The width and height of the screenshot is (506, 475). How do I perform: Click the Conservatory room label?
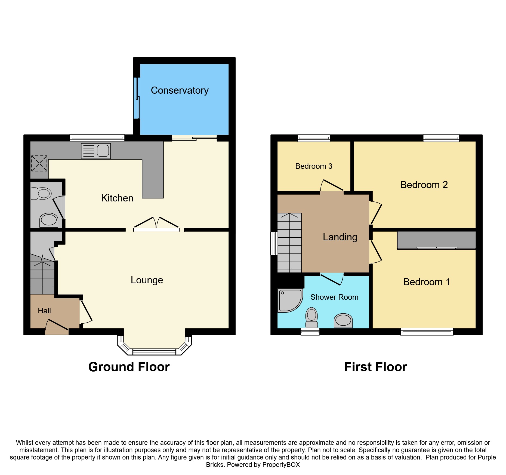click(x=180, y=90)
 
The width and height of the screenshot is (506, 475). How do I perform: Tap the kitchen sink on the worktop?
click(x=96, y=151)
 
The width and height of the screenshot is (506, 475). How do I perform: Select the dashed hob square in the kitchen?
click(x=39, y=163)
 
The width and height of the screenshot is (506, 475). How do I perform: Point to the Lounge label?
click(x=147, y=280)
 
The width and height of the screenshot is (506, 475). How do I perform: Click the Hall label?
click(x=44, y=311)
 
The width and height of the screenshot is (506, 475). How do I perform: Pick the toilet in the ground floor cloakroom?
click(x=41, y=194)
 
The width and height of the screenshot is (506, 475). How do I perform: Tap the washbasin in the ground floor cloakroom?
click(x=49, y=220)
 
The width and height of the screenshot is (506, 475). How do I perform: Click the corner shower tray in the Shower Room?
click(x=290, y=301)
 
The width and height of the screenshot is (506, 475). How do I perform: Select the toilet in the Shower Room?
click(x=311, y=318)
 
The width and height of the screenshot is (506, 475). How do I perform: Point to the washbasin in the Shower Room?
click(x=343, y=320)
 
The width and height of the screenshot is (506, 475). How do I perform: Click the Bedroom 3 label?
click(x=314, y=166)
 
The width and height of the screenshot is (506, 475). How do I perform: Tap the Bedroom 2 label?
click(x=424, y=185)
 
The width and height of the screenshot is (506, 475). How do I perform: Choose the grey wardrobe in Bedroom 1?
click(x=436, y=240)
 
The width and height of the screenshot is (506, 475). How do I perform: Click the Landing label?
click(x=340, y=237)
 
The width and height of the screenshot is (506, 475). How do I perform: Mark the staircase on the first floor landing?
click(x=289, y=243)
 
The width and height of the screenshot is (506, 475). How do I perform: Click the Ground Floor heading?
click(x=129, y=367)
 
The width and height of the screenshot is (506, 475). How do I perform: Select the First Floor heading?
click(x=375, y=367)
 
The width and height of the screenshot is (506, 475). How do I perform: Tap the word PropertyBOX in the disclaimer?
click(x=281, y=465)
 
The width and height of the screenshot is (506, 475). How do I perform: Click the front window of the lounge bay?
click(x=154, y=352)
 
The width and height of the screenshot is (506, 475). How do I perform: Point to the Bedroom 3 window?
click(x=314, y=138)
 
